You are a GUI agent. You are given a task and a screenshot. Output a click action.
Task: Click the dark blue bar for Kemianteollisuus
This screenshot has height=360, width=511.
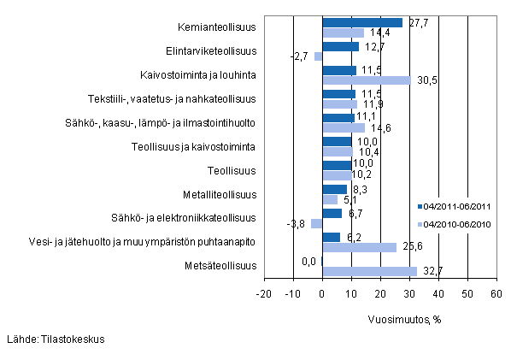362,22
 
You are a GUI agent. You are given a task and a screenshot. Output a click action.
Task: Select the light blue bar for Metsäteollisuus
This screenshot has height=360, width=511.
369,271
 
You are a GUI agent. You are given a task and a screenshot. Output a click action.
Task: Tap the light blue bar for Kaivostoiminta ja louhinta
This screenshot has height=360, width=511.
367,80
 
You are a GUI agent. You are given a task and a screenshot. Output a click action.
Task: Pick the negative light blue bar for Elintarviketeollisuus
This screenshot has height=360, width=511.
319,56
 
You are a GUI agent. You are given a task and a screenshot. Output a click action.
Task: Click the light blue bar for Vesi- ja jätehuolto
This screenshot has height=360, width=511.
360,247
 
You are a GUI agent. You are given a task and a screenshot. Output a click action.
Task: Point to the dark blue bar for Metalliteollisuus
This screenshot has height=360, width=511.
335,189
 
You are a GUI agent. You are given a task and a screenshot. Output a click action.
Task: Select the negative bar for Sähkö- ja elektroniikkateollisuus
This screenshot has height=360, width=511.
317,224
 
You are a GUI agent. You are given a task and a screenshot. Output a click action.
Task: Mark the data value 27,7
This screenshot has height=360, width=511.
414,21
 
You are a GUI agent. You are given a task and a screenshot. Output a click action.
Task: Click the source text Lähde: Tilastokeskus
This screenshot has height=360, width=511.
55,339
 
